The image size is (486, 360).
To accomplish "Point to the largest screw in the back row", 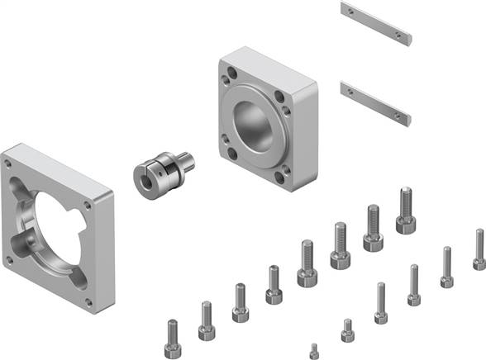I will [x=405, y=211].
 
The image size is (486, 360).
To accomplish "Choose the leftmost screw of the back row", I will [x=173, y=334].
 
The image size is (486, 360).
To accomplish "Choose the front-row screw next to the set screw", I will [x=347, y=330].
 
